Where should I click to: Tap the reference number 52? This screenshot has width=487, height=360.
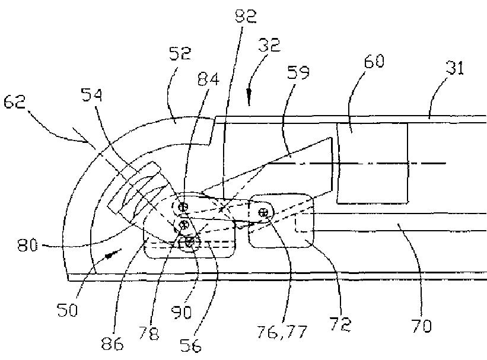180,55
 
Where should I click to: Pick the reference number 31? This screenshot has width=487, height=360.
454,69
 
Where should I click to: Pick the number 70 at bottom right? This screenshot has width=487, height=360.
422,325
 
